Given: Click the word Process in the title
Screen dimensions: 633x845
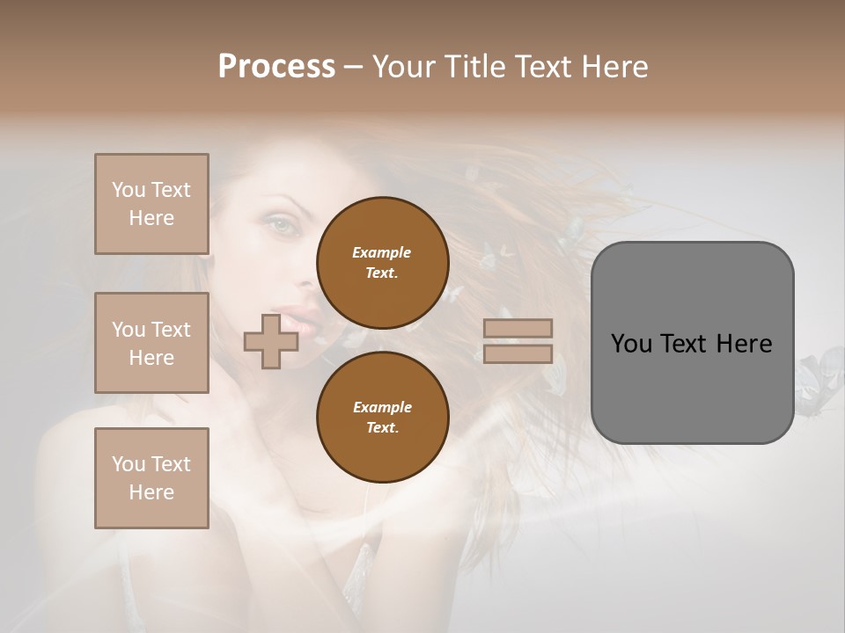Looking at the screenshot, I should pyautogui.click(x=276, y=66).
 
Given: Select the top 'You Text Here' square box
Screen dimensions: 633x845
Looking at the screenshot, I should pyautogui.click(x=151, y=204).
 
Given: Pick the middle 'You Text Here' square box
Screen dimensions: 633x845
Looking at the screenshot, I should pyautogui.click(x=151, y=343).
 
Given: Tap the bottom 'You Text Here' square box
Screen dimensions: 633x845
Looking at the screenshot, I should pyautogui.click(x=151, y=477).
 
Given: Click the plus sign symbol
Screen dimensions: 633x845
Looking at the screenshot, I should pyautogui.click(x=270, y=341).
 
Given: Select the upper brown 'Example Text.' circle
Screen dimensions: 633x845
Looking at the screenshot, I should pyautogui.click(x=382, y=262).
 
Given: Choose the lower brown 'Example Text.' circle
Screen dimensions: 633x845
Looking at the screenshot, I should pyautogui.click(x=382, y=417).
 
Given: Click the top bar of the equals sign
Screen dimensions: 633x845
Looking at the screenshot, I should pyautogui.click(x=518, y=328).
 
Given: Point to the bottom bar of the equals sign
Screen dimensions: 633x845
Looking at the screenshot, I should pyautogui.click(x=518, y=353).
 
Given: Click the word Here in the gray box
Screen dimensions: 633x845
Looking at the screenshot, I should pyautogui.click(x=744, y=344).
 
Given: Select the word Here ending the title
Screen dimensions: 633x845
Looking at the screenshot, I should pyautogui.click(x=614, y=66).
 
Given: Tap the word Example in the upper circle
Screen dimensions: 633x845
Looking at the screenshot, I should pyautogui.click(x=382, y=252).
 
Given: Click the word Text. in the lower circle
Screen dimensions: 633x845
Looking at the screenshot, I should pyautogui.click(x=382, y=427).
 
